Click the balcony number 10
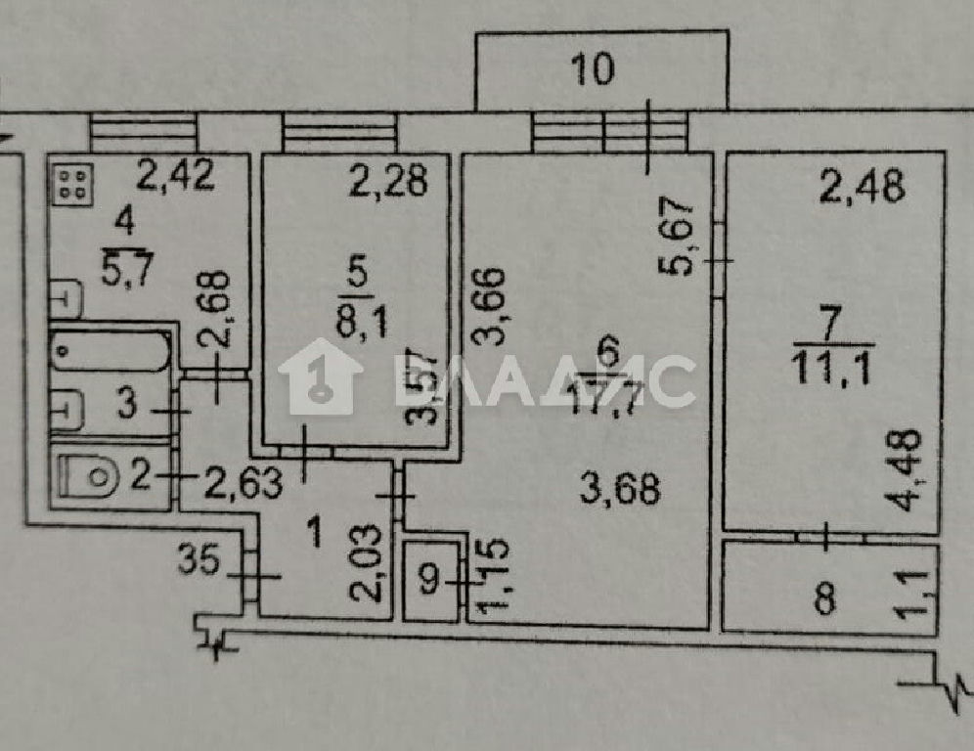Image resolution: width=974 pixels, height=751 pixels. coord(594,69)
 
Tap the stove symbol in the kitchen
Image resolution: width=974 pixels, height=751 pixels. coord(73,183)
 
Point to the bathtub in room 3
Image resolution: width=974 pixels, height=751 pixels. coord(111,352)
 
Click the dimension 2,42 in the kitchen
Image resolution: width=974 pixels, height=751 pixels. coord(176,175)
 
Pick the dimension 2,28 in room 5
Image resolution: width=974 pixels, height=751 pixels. coord(389,181)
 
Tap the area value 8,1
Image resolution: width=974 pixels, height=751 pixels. coord(362,323)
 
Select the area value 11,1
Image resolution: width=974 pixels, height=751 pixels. coord(832,371)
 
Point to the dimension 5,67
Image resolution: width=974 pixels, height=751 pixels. coord(675,236)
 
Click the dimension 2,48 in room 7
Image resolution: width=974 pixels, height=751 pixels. coord(863,187)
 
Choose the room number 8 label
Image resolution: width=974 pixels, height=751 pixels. coord(824,599)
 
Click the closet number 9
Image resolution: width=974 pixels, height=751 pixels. coord(429,580)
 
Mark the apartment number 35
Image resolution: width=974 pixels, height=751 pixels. coord(199,559)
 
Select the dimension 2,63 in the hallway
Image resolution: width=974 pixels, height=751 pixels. coord(243,483)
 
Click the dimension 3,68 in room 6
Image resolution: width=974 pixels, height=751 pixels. coord(620,490)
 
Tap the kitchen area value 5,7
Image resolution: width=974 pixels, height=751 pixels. coord(127,271)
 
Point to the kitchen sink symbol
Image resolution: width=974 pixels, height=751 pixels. coord(66,299)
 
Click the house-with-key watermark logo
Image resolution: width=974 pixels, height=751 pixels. coord(321,375)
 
